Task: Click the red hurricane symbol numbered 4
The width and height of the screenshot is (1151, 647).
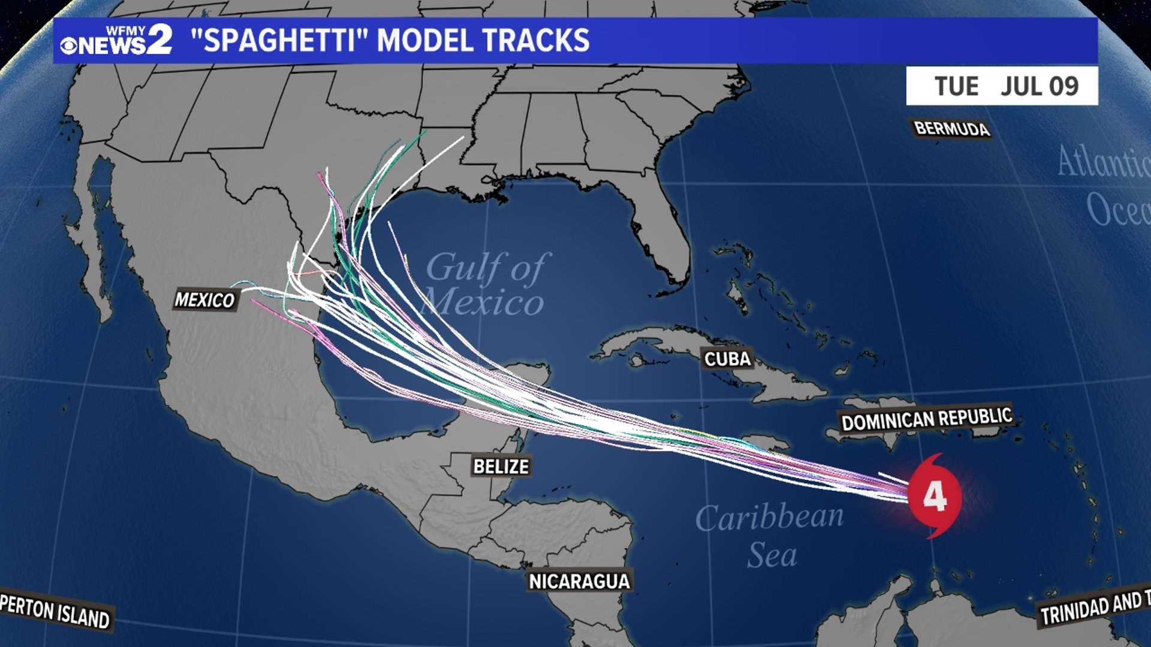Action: pos(934,496)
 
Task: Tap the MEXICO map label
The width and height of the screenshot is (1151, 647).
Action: pos(204,300)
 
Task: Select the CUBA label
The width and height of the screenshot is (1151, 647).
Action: pos(727,359)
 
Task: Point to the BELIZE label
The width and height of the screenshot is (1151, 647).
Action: pos(501,466)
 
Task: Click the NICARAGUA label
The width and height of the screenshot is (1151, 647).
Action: pos(579,581)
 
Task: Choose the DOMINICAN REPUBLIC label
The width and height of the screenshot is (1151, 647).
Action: pos(926,419)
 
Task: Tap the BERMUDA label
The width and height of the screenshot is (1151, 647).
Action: pos(951,128)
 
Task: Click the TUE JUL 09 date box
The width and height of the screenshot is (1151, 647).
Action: pos(1002,86)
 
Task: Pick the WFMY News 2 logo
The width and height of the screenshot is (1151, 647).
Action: pos(117,40)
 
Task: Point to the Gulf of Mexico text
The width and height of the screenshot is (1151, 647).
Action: pos(486,285)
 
